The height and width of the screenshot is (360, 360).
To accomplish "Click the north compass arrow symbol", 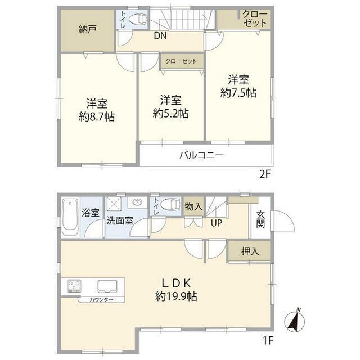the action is (x=294, y=321).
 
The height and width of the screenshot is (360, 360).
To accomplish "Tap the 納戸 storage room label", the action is (x=88, y=29).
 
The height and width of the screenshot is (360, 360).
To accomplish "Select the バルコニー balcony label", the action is (x=201, y=155).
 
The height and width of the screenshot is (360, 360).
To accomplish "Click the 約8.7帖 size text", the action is (x=97, y=117).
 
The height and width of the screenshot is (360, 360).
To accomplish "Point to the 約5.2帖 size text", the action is (x=171, y=114).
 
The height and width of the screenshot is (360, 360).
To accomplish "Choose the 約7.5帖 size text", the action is (x=238, y=93).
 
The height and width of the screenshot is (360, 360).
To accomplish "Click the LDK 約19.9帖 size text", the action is (x=176, y=296).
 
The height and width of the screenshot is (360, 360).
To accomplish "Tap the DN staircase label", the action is (x=160, y=35).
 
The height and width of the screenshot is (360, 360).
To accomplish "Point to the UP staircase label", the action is (x=217, y=223).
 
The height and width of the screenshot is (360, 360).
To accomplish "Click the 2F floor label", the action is (x=265, y=175).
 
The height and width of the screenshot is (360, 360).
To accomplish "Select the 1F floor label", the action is (x=268, y=340).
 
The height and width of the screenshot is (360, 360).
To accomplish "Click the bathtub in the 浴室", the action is (x=70, y=218).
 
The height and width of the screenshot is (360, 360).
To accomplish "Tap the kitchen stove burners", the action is (x=74, y=286).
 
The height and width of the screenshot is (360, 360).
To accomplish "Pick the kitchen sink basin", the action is (x=107, y=286).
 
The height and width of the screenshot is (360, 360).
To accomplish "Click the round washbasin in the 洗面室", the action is (x=137, y=202).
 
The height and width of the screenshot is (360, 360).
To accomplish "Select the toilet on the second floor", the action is (x=137, y=19).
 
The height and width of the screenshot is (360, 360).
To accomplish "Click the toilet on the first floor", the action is (x=170, y=204).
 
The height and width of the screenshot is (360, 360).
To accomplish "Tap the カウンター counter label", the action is (x=101, y=300).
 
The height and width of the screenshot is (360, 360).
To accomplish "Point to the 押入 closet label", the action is (x=250, y=251).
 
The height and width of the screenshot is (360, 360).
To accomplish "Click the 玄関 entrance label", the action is (x=260, y=219).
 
